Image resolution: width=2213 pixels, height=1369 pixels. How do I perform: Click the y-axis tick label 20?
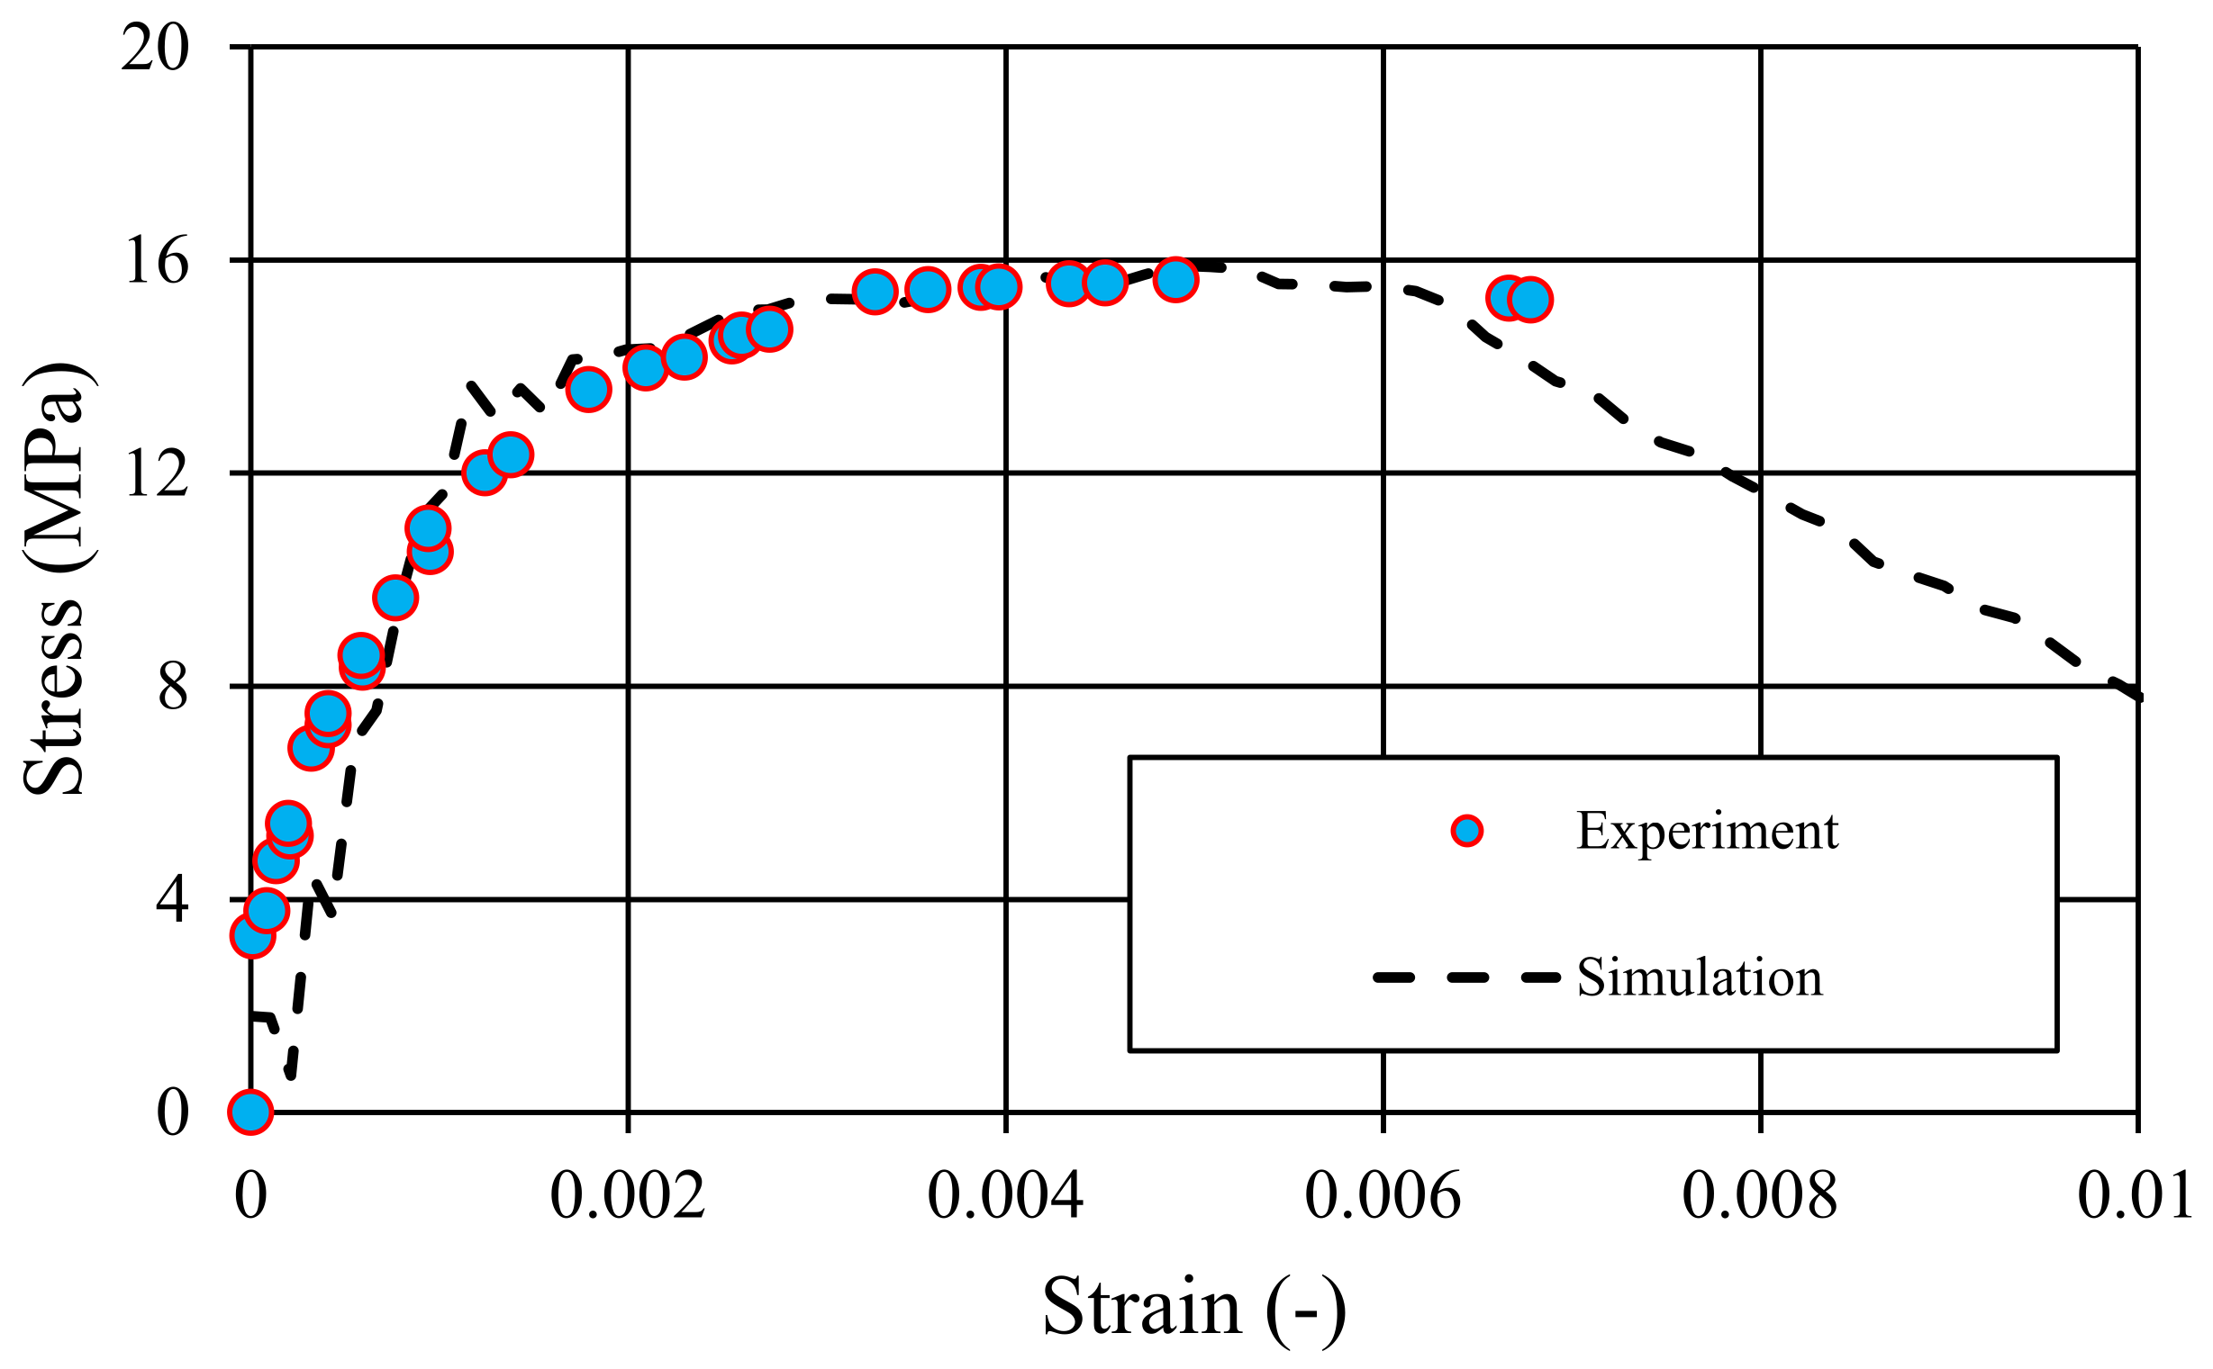[x=155, y=48]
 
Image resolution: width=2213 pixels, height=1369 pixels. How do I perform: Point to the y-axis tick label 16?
[x=157, y=262]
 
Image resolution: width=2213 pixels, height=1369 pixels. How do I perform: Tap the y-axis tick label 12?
[x=157, y=474]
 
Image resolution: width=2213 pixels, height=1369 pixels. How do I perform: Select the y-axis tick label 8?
[x=172, y=688]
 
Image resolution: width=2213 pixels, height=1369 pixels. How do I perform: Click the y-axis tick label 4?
[x=172, y=900]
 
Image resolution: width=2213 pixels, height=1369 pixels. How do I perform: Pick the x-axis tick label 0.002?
[x=628, y=1195]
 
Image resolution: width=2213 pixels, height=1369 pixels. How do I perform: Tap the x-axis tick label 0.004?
[x=1004, y=1195]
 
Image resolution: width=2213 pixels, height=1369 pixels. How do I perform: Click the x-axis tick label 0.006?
[x=1383, y=1195]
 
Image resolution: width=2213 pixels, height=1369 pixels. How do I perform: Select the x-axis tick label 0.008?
[x=1759, y=1195]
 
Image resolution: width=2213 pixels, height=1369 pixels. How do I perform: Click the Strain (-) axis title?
[x=1193, y=1308]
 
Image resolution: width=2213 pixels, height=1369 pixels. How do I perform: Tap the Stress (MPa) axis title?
[x=54, y=580]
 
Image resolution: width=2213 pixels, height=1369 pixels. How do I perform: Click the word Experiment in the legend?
[x=1707, y=831]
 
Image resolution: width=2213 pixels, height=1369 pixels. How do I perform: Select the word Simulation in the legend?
[x=1700, y=977]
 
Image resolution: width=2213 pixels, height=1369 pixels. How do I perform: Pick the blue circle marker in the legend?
[x=1466, y=831]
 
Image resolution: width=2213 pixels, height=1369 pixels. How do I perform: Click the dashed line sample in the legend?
[x=1466, y=977]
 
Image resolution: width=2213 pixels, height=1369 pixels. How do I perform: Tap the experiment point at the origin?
[x=251, y=1112]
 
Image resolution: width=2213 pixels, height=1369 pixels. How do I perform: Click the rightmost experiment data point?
[x=1530, y=300]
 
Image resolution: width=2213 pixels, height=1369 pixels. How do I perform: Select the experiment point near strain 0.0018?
[x=589, y=391]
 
